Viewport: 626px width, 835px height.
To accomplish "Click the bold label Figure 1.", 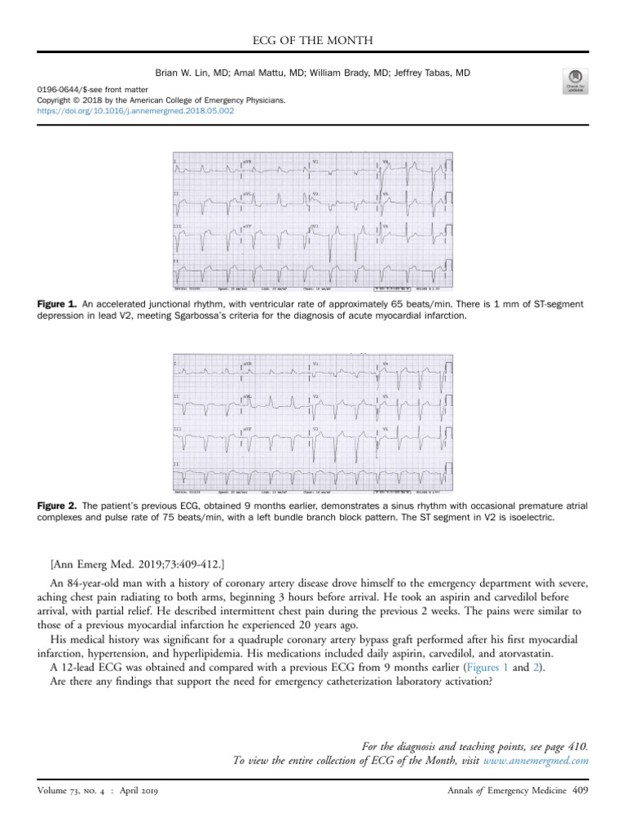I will tap(55, 304).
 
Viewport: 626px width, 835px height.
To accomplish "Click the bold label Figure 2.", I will tap(55, 506).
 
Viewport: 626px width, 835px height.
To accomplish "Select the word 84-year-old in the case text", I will tap(93, 584).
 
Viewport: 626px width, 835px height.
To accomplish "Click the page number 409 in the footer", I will tap(580, 789).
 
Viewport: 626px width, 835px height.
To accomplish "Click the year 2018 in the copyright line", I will tap(91, 102).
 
